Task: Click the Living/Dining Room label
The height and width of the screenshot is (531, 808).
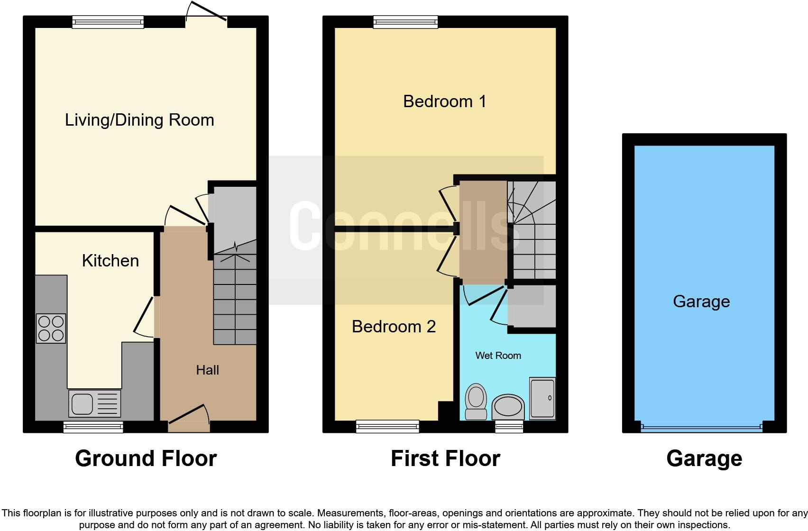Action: coord(139,120)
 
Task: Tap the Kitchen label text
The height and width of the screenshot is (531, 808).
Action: coord(110,261)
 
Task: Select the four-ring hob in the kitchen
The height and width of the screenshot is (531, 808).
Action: coord(51,329)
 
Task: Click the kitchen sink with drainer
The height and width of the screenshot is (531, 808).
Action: coord(94,403)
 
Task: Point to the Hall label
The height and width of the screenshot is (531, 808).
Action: coord(207,370)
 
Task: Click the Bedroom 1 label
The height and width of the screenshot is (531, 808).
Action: coord(444,101)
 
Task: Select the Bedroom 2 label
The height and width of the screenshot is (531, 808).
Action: coord(394,327)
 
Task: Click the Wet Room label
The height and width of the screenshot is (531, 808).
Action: coord(498,356)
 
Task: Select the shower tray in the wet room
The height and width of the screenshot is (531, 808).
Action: coord(542,398)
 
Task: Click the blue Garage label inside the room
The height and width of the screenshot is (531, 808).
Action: coord(701,302)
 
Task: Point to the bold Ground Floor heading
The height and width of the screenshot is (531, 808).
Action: coord(146,458)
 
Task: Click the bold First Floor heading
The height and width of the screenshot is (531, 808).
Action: coord(445,458)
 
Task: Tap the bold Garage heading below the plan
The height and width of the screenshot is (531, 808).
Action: coord(704,458)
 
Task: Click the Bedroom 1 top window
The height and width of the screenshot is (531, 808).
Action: coord(405,22)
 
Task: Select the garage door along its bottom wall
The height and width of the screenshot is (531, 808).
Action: coord(701,427)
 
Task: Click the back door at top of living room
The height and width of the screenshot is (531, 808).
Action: coord(206,14)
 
